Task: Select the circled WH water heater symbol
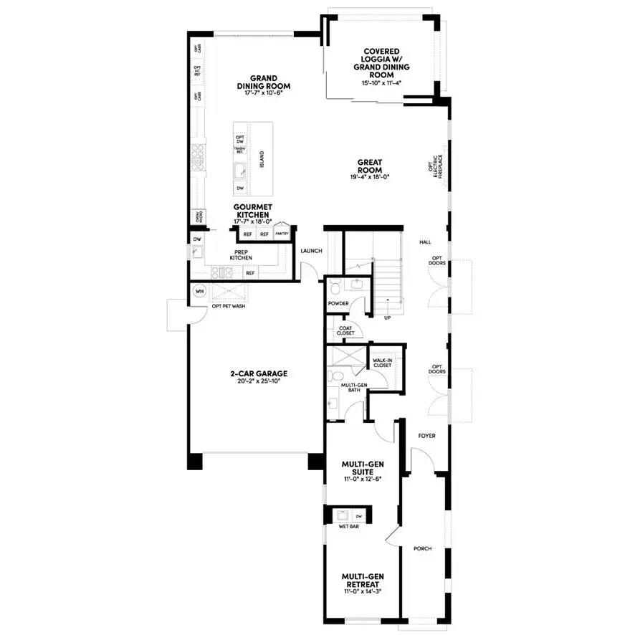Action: pyautogui.click(x=200, y=292)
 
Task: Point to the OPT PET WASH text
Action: pyautogui.click(x=229, y=307)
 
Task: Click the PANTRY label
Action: pyautogui.click(x=282, y=233)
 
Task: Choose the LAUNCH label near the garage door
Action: pyautogui.click(x=311, y=251)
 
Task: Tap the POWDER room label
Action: pyautogui.click(x=338, y=303)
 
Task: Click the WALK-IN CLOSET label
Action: pyautogui.click(x=382, y=363)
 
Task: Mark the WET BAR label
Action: pyautogui.click(x=348, y=527)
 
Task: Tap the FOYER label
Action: pyautogui.click(x=426, y=435)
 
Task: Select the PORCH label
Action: pyautogui.click(x=423, y=548)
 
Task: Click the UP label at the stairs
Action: pyautogui.click(x=387, y=317)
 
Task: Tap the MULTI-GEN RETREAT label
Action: pyautogui.click(x=360, y=580)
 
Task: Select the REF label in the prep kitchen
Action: pyautogui.click(x=250, y=273)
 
